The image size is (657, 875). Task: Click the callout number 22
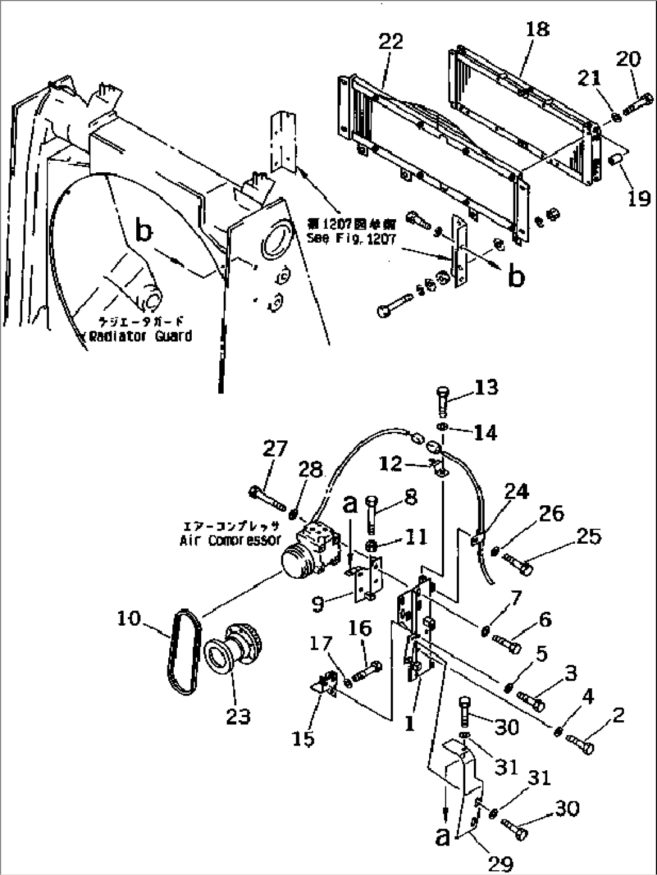point(390,42)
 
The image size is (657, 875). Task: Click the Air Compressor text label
point(230,540)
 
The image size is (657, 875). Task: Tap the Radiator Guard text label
point(140,336)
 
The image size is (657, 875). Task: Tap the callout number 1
point(410,724)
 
